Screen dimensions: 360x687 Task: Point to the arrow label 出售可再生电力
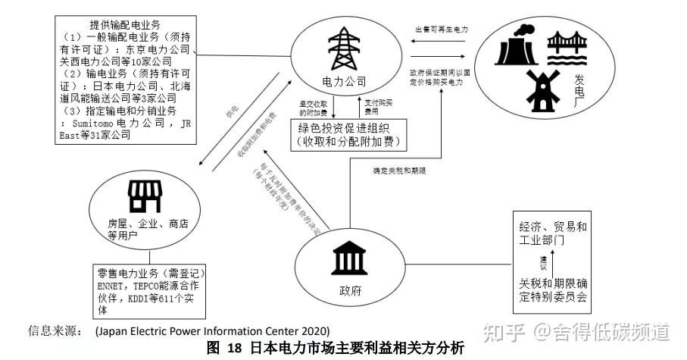click(x=442, y=30)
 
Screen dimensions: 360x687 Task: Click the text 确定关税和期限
click(x=402, y=171)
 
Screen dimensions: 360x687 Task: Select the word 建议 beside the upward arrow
click(x=543, y=264)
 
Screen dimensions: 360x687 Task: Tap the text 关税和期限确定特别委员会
click(x=553, y=290)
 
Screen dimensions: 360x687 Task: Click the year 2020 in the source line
click(x=314, y=331)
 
